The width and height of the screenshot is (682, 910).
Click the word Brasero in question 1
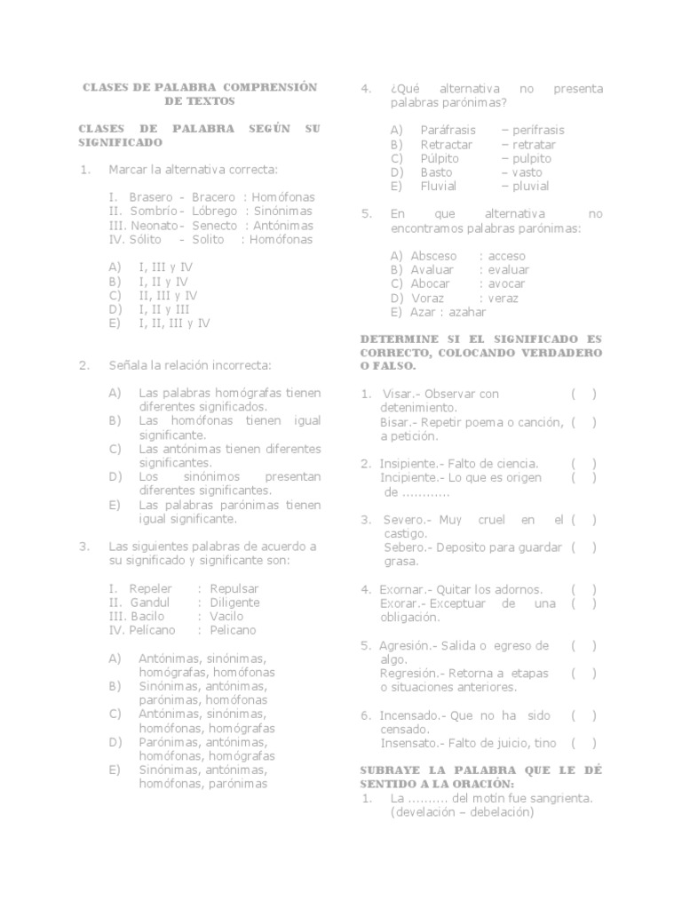(x=151, y=197)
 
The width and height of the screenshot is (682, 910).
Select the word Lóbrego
(x=215, y=212)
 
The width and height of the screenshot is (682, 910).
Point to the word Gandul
(x=149, y=603)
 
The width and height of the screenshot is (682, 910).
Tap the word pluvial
(x=530, y=187)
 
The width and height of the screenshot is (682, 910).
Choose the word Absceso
(x=434, y=256)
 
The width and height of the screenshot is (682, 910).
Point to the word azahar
(x=468, y=312)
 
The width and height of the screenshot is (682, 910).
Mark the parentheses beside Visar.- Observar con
(x=583, y=394)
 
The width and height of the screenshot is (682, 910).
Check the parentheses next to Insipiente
(x=583, y=464)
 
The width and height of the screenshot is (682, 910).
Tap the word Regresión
(x=408, y=674)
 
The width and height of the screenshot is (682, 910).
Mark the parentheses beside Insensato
(x=583, y=743)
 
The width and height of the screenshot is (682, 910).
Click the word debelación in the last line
(x=500, y=812)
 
